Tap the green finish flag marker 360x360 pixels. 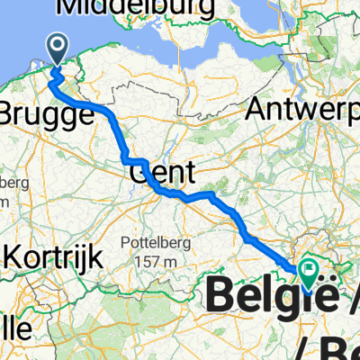[x=310, y=268]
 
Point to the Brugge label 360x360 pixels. [x=45, y=115]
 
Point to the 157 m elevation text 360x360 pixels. [x=158, y=262]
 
